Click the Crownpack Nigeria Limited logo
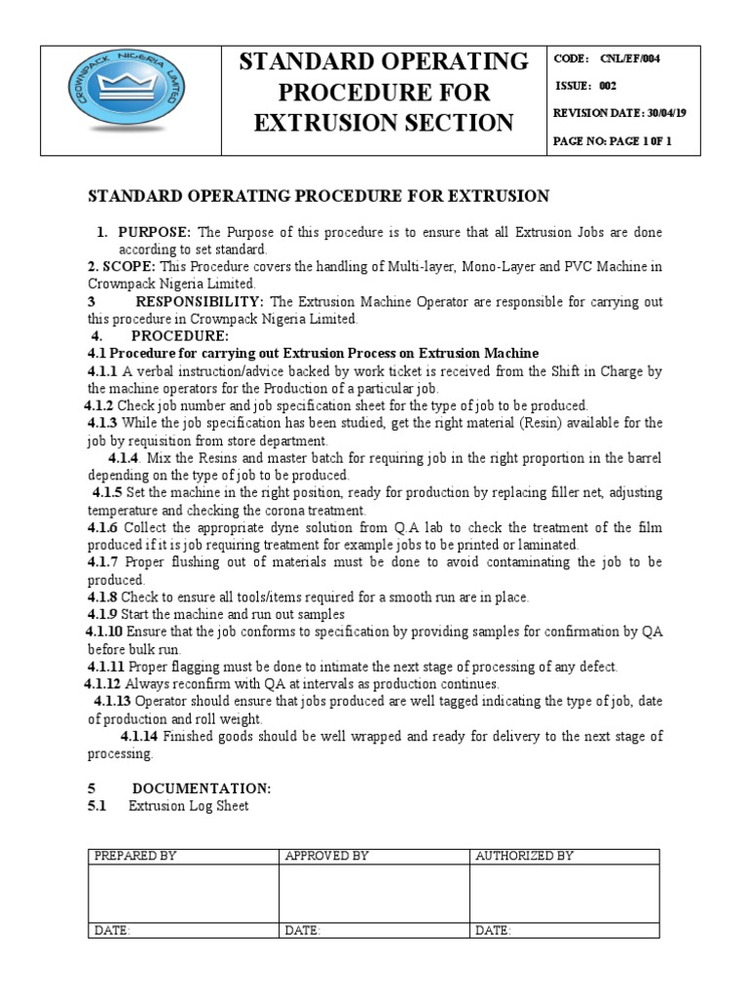coord(130,98)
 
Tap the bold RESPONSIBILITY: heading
coord(200,301)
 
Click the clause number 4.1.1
coord(102,370)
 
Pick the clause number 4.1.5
coord(107,493)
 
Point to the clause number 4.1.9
coord(102,614)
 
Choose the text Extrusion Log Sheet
coord(188,805)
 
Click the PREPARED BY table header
coord(134,856)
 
